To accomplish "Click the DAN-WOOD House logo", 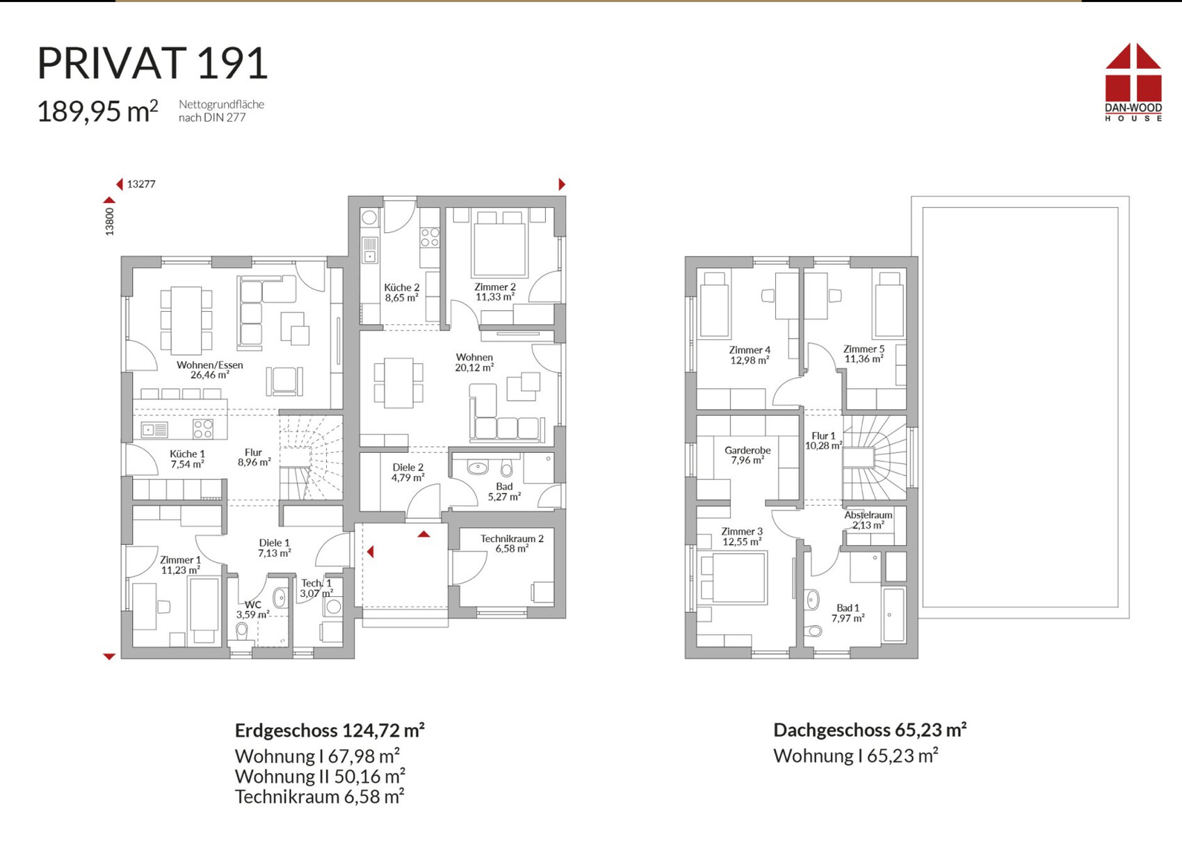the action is (1133, 82).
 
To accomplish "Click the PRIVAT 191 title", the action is (152, 64).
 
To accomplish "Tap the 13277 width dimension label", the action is (141, 184).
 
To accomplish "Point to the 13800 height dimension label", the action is (109, 222).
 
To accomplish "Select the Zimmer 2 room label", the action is (495, 291).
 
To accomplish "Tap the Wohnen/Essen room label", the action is (210, 369).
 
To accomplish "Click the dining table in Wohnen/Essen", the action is (186, 321).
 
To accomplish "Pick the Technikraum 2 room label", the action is (512, 543).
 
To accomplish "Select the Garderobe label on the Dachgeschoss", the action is (747, 455).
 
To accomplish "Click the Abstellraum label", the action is (868, 520).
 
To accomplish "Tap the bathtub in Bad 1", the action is (894, 614).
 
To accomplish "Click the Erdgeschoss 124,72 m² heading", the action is (330, 730).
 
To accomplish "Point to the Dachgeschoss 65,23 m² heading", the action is (870, 730).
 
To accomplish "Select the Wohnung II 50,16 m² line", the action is (320, 776).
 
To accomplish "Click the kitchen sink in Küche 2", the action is (369, 250).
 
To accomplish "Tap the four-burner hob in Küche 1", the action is (203, 429).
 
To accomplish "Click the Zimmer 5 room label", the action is (864, 354).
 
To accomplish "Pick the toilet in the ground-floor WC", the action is (242, 632).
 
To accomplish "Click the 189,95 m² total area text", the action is (97, 111).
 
